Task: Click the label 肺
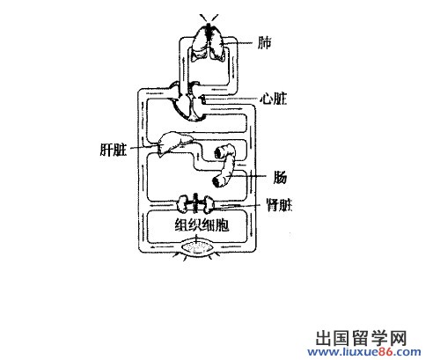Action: pyautogui.click(x=264, y=43)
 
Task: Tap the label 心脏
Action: pyautogui.click(x=274, y=99)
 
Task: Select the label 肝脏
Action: pyautogui.click(x=114, y=150)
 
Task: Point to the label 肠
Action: pyautogui.click(x=280, y=177)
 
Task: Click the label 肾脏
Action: pyautogui.click(x=279, y=205)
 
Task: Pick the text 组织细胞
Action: pyautogui.click(x=202, y=225)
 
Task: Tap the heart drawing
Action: pyautogui.click(x=187, y=101)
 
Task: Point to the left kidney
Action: pyautogui.click(x=184, y=204)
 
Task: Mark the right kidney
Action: pyautogui.click(x=208, y=204)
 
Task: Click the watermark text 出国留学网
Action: pyautogui.click(x=361, y=338)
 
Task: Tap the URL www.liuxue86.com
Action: pyautogui.click(x=364, y=351)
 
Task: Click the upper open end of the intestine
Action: pyautogui.click(x=219, y=152)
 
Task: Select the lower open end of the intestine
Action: pyautogui.click(x=217, y=182)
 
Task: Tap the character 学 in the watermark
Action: pyautogui.click(x=379, y=338)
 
